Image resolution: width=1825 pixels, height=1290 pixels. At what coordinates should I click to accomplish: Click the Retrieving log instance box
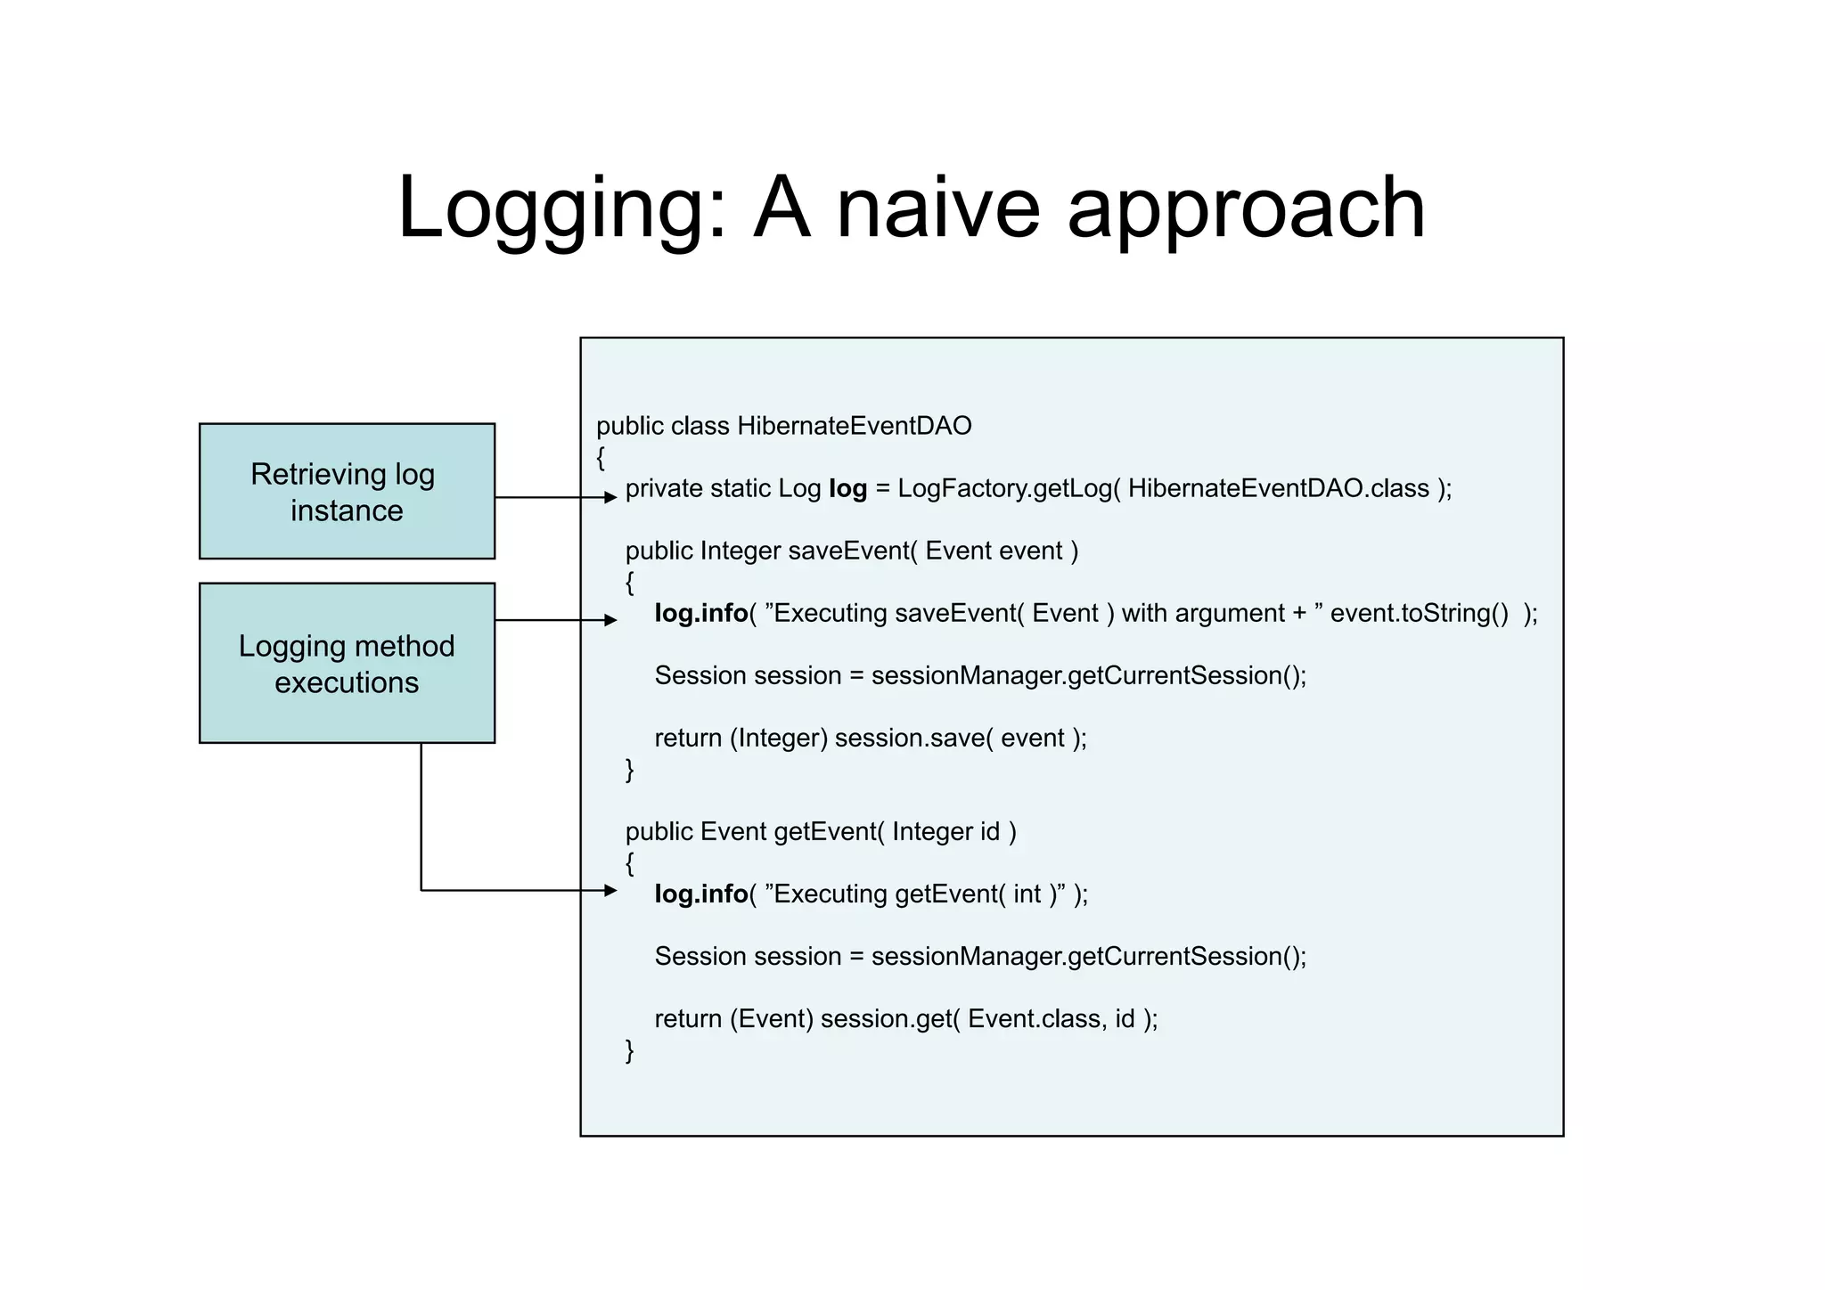click(x=347, y=491)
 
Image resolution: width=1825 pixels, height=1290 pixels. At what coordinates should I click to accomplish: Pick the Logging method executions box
click(x=347, y=663)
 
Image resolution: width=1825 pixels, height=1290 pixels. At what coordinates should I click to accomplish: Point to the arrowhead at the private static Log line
click(x=610, y=497)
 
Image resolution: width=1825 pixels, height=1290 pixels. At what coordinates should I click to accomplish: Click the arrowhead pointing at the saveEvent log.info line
click(x=610, y=620)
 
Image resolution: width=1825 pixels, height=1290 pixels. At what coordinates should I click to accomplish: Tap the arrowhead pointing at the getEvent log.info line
click(x=610, y=890)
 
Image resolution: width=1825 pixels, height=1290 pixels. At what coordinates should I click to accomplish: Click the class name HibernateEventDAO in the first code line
click(x=854, y=426)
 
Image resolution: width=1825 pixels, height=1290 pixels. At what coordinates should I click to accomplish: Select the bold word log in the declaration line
click(x=847, y=488)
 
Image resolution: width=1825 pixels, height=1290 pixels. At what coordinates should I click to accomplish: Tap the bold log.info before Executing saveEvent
click(x=700, y=613)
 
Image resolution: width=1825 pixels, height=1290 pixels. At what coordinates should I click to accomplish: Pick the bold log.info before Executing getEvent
click(x=700, y=894)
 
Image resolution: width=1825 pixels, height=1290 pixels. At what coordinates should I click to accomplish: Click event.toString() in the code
click(x=1419, y=613)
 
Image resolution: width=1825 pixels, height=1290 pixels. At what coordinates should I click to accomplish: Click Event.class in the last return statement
click(x=1038, y=1018)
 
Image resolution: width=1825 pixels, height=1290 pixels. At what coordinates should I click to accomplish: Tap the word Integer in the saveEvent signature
click(x=740, y=551)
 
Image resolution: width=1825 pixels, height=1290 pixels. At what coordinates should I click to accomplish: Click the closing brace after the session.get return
click(x=630, y=1049)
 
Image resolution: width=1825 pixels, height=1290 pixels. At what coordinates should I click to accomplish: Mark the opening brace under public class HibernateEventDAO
click(x=601, y=458)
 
